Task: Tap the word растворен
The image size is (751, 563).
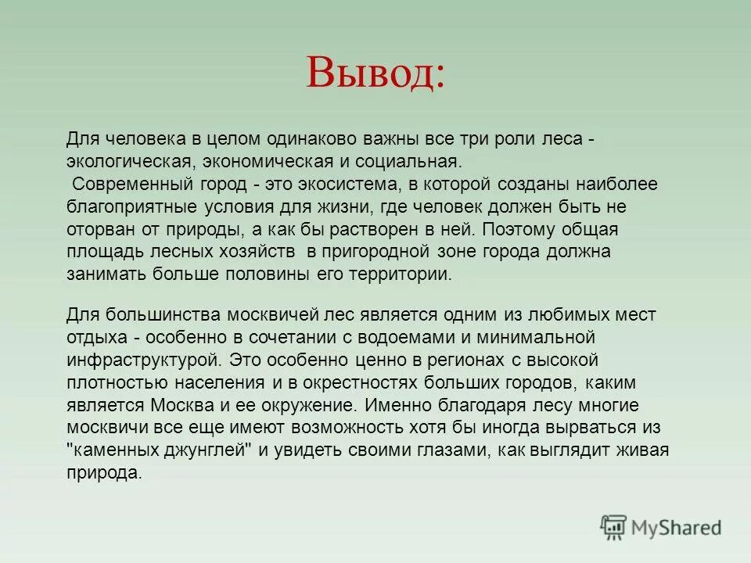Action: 393,230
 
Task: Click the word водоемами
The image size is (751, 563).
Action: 426,338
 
